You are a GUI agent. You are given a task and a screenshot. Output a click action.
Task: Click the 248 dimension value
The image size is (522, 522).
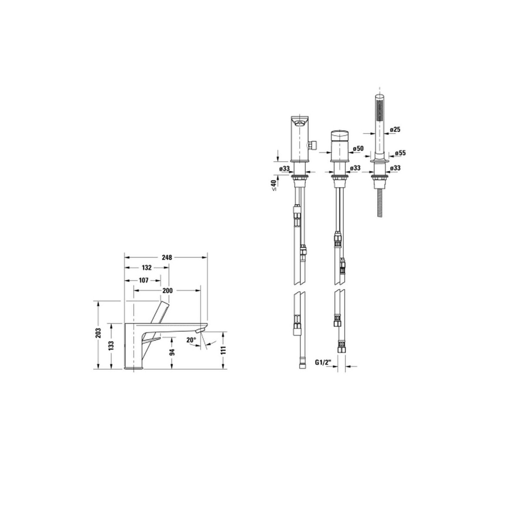(x=167, y=258)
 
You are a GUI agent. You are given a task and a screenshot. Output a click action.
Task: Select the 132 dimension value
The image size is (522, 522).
(x=147, y=268)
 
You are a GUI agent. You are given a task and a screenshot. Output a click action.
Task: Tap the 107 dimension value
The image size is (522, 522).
(x=144, y=281)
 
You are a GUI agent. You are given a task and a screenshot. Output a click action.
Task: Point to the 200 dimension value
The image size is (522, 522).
(x=167, y=291)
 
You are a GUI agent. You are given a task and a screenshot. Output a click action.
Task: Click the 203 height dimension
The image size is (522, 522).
(x=98, y=333)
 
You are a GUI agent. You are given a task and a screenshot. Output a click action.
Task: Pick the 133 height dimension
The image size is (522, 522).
(x=111, y=346)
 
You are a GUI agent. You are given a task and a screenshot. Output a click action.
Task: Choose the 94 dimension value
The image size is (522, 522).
(x=172, y=352)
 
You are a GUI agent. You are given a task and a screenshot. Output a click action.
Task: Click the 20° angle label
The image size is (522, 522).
(x=191, y=340)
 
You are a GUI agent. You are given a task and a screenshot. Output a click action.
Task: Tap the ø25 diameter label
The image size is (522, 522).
(x=395, y=130)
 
